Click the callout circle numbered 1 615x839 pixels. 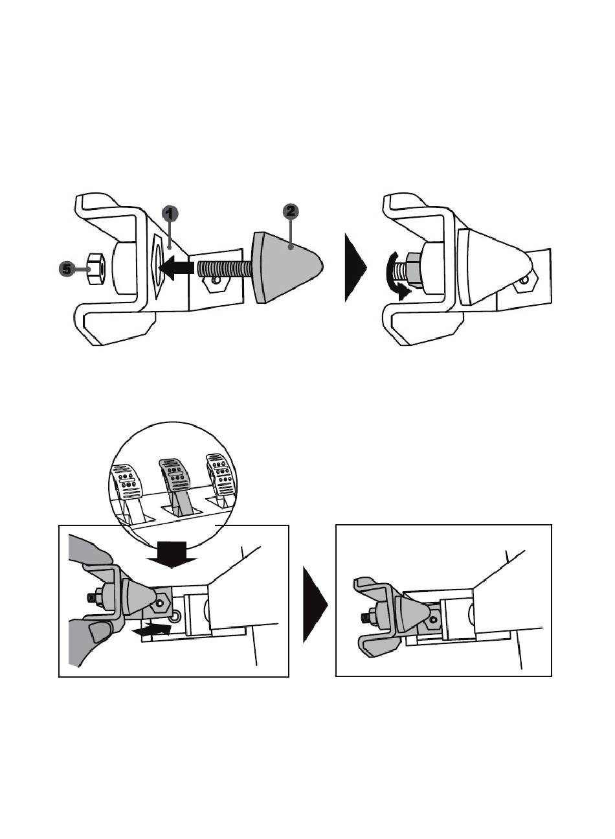(170, 214)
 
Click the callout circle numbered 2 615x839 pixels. (291, 212)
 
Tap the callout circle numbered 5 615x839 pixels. (67, 269)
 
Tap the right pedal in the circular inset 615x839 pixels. (220, 479)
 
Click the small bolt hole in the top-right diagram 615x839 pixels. (525, 280)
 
